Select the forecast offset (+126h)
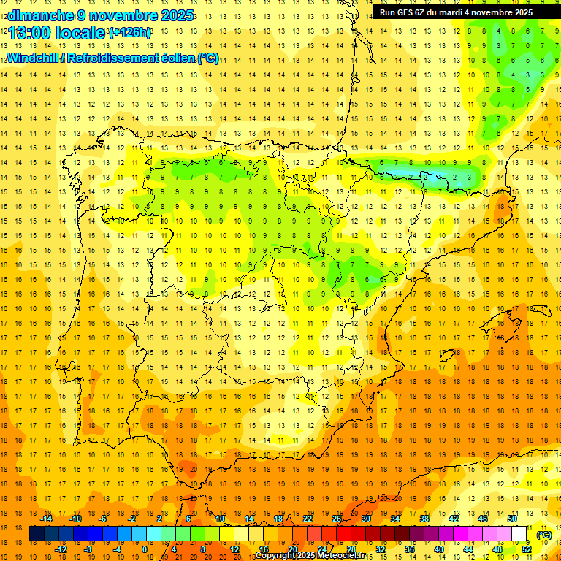point(130,33)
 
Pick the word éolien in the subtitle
point(176,58)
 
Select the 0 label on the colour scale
point(145,549)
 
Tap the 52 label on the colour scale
point(527,549)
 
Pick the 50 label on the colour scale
point(512,519)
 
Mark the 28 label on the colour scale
point(351,549)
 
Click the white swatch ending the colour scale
point(519,534)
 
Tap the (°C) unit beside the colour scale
point(544,535)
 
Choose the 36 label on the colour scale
point(410,549)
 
